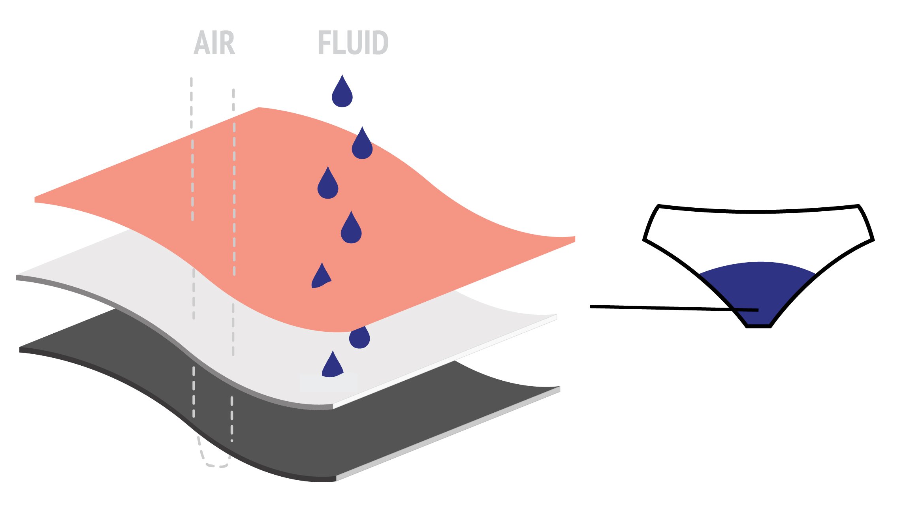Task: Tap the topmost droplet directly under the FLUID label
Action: [x=342, y=93]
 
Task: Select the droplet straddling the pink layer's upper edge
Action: [x=362, y=145]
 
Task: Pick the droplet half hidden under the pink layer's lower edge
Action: [x=359, y=338]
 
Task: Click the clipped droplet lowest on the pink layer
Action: [x=321, y=277]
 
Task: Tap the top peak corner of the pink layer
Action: [x=258, y=108]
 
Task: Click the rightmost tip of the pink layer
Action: [x=574, y=239]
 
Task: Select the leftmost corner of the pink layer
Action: [x=36, y=199]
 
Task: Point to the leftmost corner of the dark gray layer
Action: [x=20, y=349]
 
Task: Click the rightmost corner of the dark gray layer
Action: [x=559, y=389]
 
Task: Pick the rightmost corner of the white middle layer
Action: [x=556, y=317]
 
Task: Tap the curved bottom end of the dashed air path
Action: [x=215, y=466]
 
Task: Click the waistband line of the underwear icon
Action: [x=758, y=212]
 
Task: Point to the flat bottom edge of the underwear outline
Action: [x=758, y=327]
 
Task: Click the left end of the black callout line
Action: [x=591, y=306]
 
